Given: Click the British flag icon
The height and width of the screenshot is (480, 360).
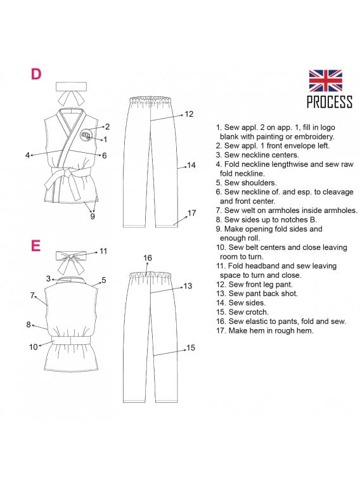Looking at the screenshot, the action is point(325,81).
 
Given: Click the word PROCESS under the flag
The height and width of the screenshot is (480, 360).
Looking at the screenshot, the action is point(330,102).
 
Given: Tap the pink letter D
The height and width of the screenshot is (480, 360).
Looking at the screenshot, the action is point(36,74).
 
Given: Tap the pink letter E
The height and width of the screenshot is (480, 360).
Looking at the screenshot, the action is point(35,245).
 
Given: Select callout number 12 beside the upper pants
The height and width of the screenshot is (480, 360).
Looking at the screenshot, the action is point(189,114).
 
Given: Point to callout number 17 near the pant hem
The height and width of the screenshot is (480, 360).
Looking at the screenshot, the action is point(191,213).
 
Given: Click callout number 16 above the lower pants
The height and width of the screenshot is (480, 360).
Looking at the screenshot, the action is point(148,258).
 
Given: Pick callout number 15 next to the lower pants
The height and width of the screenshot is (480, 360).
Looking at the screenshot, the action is point(191,347).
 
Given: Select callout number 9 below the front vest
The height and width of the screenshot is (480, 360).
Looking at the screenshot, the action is point(93,216).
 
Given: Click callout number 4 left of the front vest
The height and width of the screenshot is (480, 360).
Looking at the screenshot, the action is point(27,155).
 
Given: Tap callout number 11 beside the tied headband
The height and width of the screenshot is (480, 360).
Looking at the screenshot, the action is point(103,251).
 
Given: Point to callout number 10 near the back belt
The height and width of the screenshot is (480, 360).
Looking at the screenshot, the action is point(34,347).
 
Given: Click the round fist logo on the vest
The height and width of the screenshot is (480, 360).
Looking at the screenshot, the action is point(86,135).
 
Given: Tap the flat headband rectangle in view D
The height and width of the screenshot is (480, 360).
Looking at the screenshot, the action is point(71,86).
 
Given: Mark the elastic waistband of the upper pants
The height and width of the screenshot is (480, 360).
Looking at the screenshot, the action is point(150,100).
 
